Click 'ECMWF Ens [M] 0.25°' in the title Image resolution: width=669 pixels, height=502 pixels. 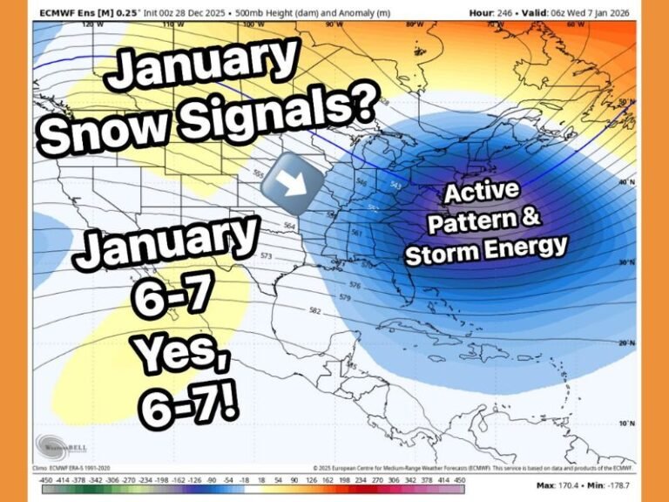[x=84, y=11]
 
